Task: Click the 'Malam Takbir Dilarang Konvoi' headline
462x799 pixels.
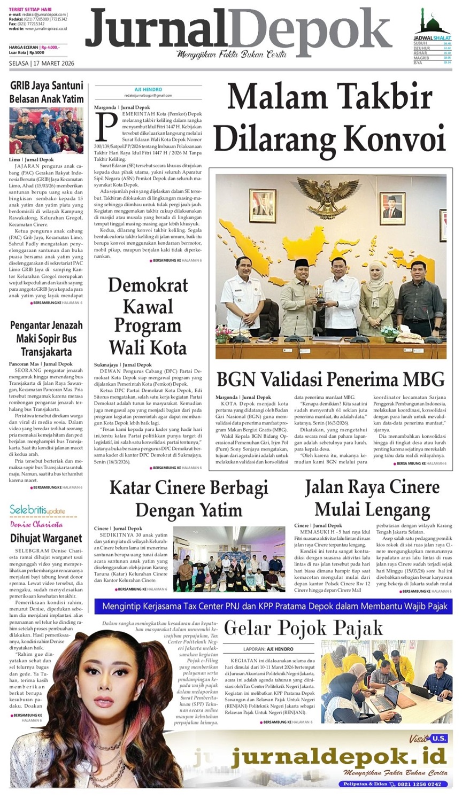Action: click(330, 119)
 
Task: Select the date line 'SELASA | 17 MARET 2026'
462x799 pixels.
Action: click(42, 64)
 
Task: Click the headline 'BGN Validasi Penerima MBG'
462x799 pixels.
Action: click(330, 379)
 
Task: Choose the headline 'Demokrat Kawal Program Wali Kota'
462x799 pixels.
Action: click(148, 316)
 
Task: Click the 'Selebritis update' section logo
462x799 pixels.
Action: click(37, 510)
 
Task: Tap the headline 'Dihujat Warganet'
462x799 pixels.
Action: click(46, 538)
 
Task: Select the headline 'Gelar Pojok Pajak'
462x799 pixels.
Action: click(303, 628)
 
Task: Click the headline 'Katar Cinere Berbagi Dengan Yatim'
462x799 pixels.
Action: click(189, 498)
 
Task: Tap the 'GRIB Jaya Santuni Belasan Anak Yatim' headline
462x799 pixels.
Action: click(47, 92)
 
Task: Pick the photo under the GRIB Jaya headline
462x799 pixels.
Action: click(47, 130)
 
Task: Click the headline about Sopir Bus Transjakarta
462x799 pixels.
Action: click(47, 338)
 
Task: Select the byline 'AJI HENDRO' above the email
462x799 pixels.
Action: click(148, 89)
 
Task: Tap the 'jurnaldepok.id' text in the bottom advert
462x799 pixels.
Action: click(339, 757)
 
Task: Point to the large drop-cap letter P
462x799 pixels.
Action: click(105, 126)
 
